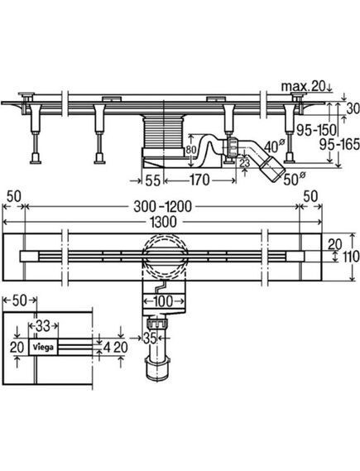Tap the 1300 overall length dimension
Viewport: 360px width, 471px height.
[x=171, y=223]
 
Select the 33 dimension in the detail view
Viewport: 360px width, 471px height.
[x=43, y=325]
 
